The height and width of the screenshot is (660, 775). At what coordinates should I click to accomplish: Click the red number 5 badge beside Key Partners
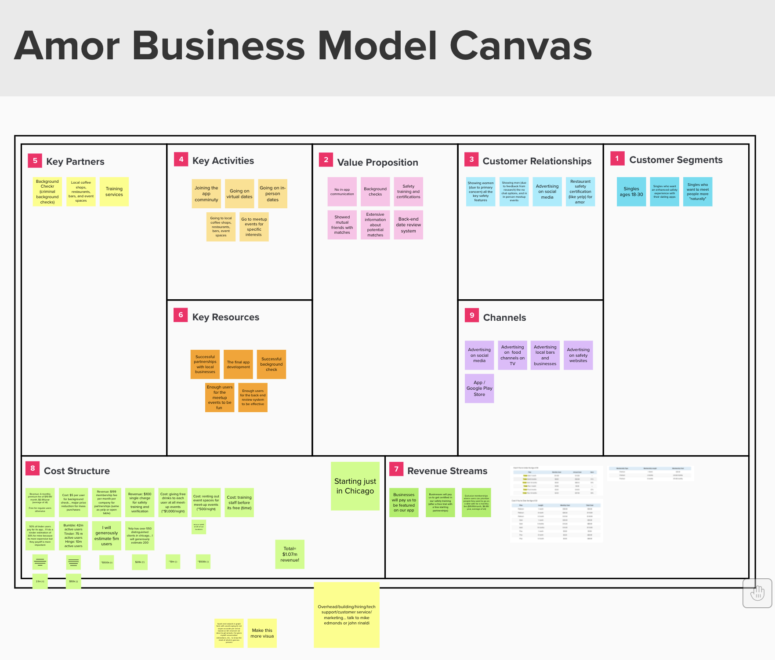[x=35, y=161]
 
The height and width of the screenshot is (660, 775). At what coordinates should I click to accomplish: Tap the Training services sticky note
[x=114, y=192]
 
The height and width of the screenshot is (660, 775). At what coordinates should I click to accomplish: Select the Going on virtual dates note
[x=239, y=194]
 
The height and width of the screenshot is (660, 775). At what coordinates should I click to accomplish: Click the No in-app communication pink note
[x=342, y=192]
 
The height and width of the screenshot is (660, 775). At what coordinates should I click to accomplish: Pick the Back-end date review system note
[x=409, y=225]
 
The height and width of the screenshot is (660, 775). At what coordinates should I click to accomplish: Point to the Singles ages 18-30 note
[x=631, y=192]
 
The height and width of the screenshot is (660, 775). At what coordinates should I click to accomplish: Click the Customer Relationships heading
[x=537, y=161]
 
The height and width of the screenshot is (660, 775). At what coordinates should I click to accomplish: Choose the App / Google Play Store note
[x=479, y=388]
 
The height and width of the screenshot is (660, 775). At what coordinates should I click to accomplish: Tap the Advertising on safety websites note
[x=578, y=355]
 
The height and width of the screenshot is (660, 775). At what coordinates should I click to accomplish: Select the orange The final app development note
[x=238, y=364]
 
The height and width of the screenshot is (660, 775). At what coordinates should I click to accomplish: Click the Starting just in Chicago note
[x=355, y=486]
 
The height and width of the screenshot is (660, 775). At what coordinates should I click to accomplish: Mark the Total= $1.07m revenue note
[x=290, y=554]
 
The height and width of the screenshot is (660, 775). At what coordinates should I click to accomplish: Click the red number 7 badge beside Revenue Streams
[x=396, y=469]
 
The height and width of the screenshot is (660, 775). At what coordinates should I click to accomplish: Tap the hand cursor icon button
[x=757, y=593]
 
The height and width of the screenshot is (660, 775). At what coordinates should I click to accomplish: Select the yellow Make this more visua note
[x=262, y=633]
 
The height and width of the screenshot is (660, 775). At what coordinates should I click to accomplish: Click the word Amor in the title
[x=67, y=46]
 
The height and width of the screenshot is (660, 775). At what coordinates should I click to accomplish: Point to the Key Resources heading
[x=226, y=317]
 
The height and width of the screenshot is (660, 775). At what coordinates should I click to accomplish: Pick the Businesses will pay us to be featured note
[x=404, y=503]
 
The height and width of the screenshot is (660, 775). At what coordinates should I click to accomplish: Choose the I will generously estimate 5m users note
[x=107, y=536]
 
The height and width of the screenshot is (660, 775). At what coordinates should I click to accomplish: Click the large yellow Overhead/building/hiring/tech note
[x=347, y=615]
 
